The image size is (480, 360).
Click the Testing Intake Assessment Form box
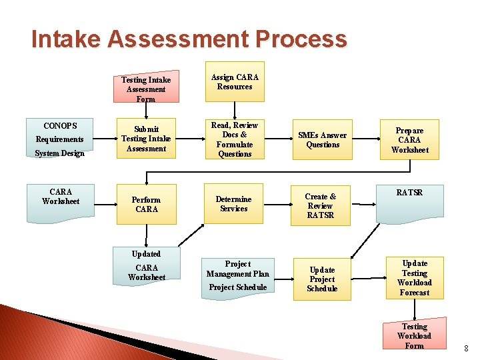pyautogui.click(x=146, y=87)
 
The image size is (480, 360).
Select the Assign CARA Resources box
pyautogui.click(x=235, y=83)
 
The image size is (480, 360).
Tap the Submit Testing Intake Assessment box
pyautogui.click(x=146, y=139)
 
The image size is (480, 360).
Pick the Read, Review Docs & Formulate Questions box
pyautogui.click(x=235, y=139)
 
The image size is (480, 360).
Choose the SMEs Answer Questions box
pyautogui.click(x=323, y=139)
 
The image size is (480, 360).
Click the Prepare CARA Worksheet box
pyautogui.click(x=409, y=139)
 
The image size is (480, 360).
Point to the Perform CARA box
pyautogui.click(x=146, y=204)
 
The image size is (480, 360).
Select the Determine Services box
pyautogui.click(x=234, y=204)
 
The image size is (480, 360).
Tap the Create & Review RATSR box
pyautogui.click(x=321, y=205)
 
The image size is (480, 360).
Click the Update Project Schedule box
pyautogui.click(x=323, y=279)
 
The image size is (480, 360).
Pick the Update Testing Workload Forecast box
pyautogui.click(x=414, y=278)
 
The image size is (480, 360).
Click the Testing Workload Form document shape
pyautogui.click(x=414, y=335)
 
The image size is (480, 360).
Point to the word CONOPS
pyautogui.click(x=60, y=125)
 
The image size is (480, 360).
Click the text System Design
pyautogui.click(x=60, y=153)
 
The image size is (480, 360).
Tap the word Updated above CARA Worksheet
pyautogui.click(x=146, y=254)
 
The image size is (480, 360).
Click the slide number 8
pyautogui.click(x=466, y=348)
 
